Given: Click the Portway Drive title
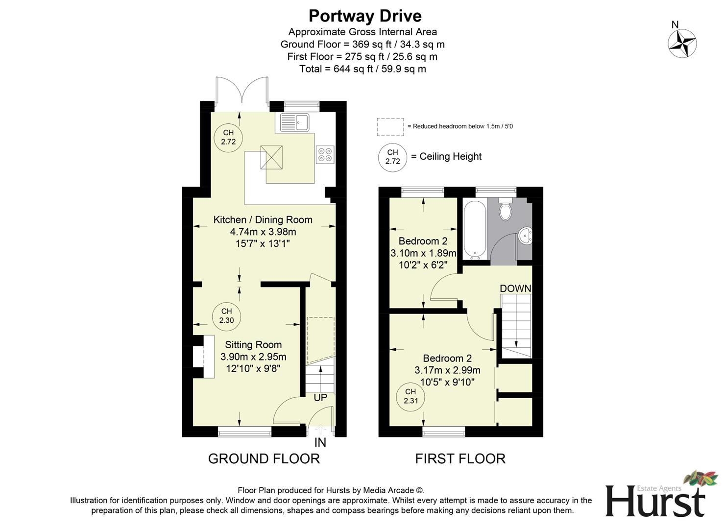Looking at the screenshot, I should (365, 16).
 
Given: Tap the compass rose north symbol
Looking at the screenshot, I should (682, 43).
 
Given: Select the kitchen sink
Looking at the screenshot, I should (294, 122).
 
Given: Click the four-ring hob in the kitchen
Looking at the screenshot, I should (325, 155).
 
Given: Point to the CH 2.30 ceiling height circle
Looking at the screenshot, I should (226, 316).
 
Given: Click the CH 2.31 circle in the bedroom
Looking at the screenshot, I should (411, 396).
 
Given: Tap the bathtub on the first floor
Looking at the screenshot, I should (474, 229).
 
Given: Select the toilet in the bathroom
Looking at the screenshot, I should (505, 209).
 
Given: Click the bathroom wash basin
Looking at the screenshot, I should (526, 236).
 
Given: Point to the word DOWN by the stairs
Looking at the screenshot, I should (515, 289).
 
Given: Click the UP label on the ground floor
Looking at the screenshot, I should (320, 398).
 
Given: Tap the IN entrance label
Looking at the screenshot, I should (320, 443).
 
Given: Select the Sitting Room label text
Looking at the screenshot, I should (253, 345).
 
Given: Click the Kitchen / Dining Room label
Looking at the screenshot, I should (263, 220).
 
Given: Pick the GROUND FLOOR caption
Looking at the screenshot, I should (264, 458).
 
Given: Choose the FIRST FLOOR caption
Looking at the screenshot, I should (460, 458).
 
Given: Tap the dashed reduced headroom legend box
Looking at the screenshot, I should (390, 127).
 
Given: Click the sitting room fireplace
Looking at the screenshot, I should (203, 356).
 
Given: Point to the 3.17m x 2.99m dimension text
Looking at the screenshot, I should (447, 370).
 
